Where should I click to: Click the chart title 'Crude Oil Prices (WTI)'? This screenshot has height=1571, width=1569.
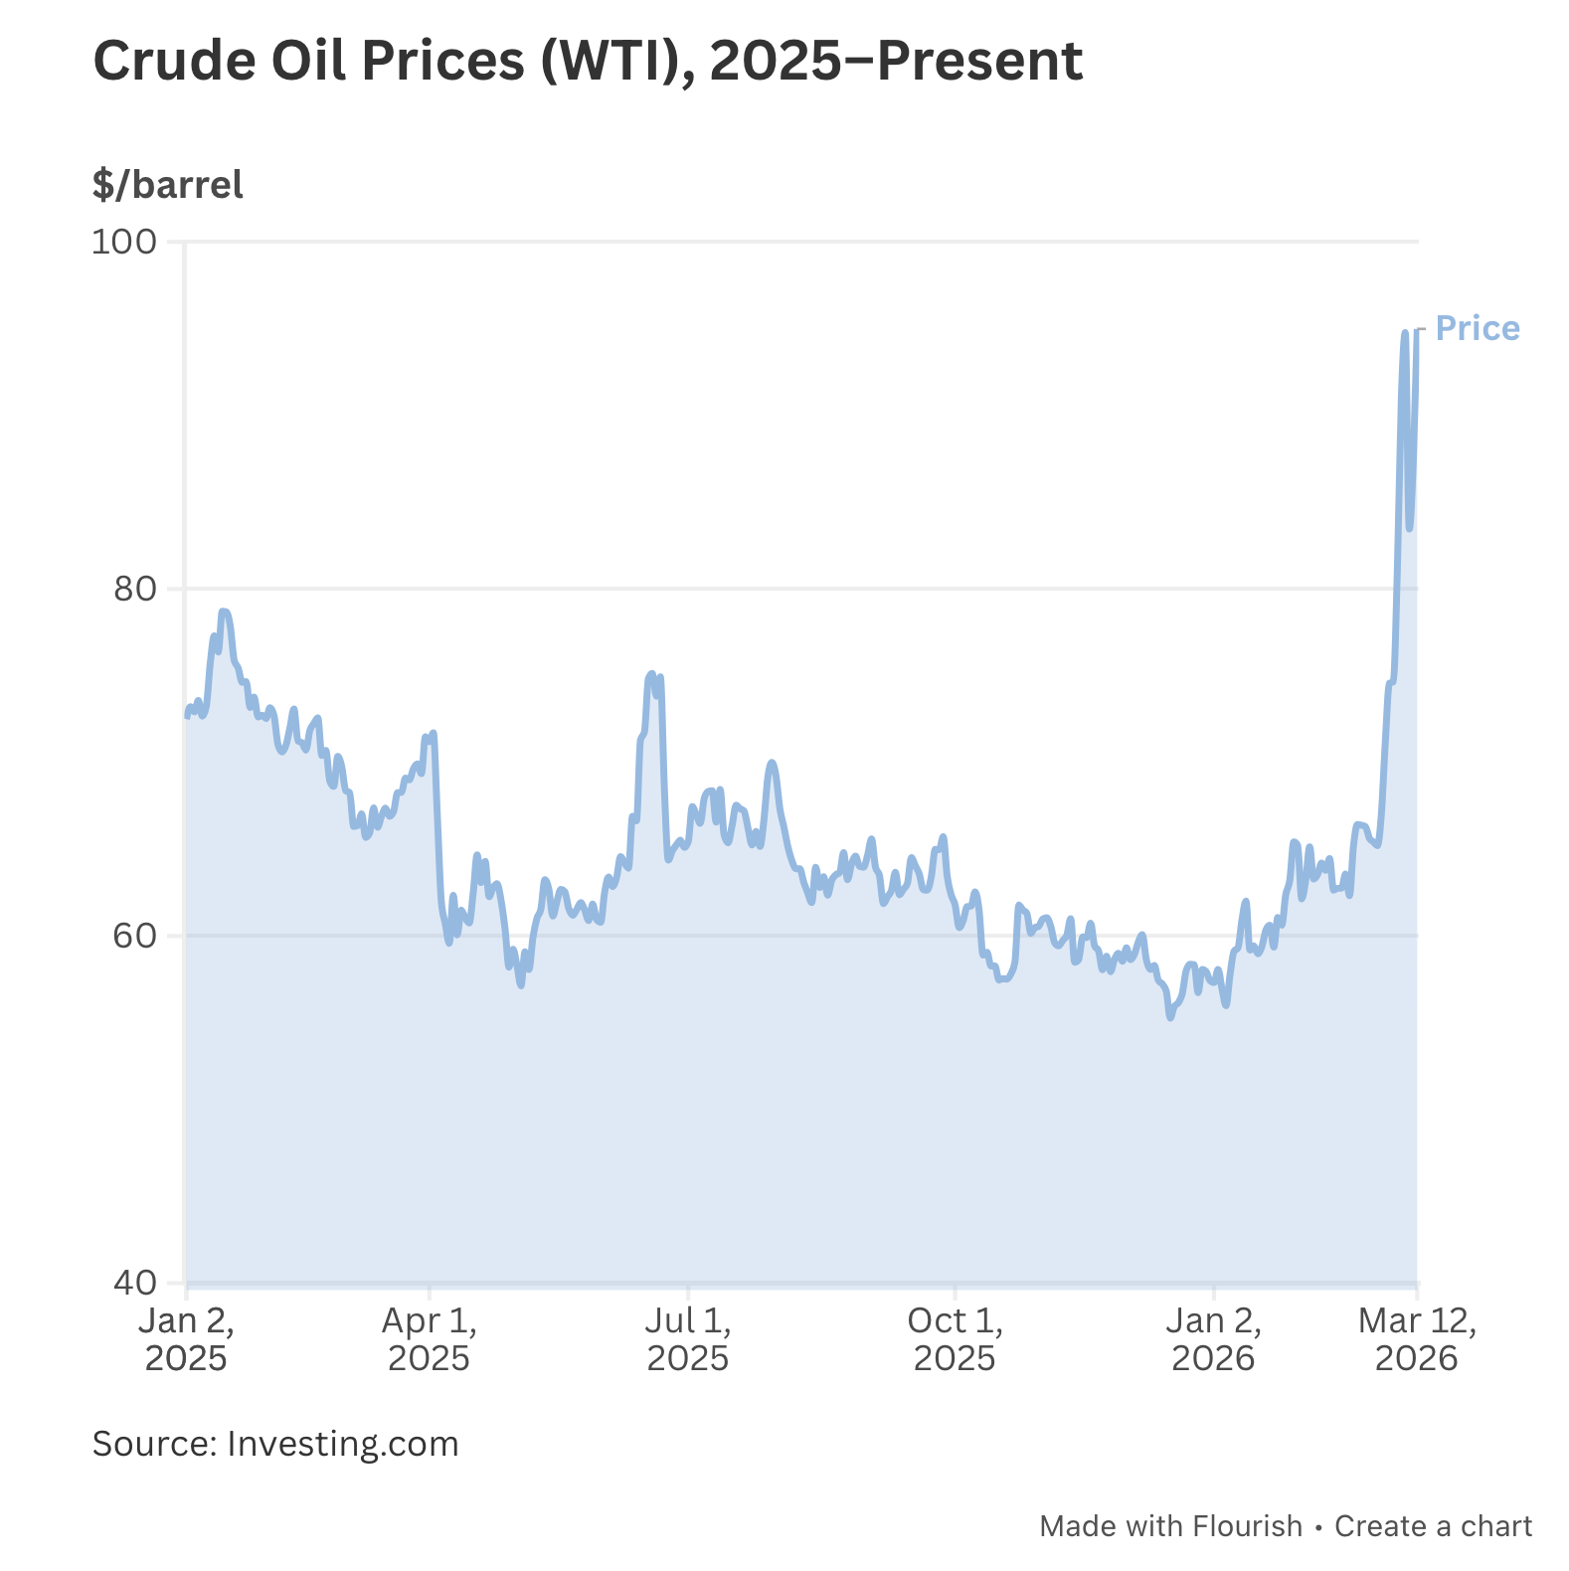587,62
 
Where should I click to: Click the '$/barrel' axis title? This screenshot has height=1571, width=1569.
167,185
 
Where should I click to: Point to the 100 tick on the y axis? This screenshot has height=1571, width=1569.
124,242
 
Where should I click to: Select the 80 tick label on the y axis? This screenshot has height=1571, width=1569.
135,589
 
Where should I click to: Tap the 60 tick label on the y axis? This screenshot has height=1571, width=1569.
135,936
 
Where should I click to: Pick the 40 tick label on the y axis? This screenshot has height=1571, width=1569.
135,1283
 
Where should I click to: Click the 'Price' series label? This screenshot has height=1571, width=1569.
1478,328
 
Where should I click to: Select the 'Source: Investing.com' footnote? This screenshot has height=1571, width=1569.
275,1443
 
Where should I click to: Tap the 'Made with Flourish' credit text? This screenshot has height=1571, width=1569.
1170,1525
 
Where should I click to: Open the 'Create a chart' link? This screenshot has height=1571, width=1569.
1433,1525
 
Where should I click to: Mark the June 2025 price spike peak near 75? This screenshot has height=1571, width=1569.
652,674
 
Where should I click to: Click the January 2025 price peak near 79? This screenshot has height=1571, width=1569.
224,611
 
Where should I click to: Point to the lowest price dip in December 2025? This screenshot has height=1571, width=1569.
1170,1017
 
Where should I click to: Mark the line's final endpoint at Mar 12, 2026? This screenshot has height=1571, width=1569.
1417,330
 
